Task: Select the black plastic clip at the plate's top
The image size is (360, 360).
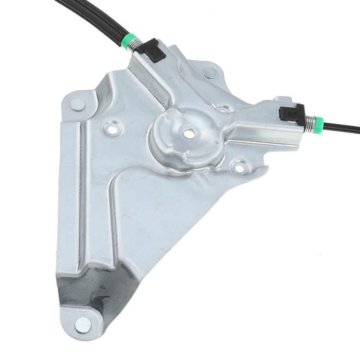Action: click(x=153, y=50)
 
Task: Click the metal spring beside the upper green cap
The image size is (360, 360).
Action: click(x=135, y=45)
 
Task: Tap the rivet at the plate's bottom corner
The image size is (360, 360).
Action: click(x=83, y=325)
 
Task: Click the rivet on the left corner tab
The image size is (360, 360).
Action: click(x=77, y=104)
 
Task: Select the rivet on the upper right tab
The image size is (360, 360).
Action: click(x=211, y=73)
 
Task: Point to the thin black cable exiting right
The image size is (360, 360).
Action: click(x=342, y=127)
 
